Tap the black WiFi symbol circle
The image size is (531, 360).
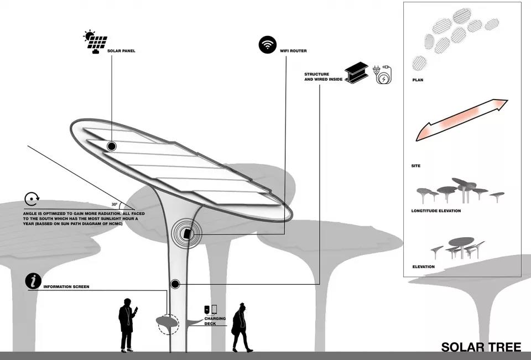(x=268, y=45)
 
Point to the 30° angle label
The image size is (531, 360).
(x=114, y=204)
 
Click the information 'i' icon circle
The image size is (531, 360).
(x=34, y=281)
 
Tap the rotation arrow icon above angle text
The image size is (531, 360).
(x=31, y=200)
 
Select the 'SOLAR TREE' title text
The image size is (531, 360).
(x=481, y=347)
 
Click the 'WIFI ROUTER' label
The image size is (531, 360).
(x=293, y=51)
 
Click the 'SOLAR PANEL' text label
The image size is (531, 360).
(x=121, y=51)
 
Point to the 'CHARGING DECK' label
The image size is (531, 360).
(x=210, y=321)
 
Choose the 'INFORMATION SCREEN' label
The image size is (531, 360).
(x=66, y=287)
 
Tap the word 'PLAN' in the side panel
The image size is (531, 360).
(x=418, y=80)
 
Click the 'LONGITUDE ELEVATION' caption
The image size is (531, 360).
(x=436, y=211)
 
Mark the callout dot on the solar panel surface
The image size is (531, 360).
(x=112, y=147)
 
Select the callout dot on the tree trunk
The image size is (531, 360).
(x=175, y=284)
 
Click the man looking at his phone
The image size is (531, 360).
(x=127, y=325)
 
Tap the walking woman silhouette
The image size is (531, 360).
(x=241, y=327)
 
